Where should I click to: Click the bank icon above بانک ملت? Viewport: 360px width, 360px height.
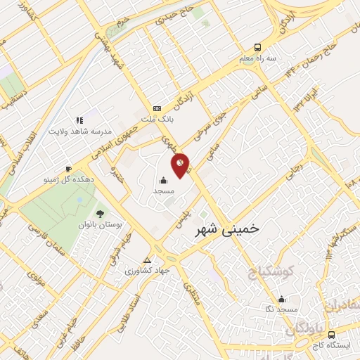click(157, 108)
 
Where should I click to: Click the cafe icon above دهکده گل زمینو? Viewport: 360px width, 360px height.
click(68, 169)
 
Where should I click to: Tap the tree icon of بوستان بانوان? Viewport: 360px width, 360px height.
click(98, 213)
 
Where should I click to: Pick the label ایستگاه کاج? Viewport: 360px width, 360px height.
click(333, 345)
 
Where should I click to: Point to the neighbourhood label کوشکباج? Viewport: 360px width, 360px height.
click(271, 272)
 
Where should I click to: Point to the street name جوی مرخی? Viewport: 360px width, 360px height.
click(208, 140)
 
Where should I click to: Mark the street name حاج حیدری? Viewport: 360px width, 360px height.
click(179, 20)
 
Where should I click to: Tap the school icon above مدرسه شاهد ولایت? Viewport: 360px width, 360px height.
click(80, 120)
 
